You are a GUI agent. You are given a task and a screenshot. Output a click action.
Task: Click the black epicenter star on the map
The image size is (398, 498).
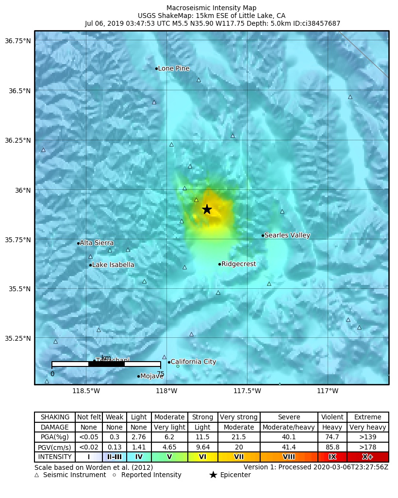(x=207, y=209)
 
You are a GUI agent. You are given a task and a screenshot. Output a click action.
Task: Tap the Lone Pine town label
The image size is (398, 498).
(x=173, y=68)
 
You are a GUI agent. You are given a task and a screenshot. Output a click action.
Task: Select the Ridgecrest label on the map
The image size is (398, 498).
(x=238, y=264)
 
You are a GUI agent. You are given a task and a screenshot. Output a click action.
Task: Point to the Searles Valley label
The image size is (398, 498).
(x=287, y=235)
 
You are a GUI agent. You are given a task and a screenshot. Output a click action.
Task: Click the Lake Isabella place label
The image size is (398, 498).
(x=113, y=265)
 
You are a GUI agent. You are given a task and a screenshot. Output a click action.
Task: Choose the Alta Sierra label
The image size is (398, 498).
(x=97, y=243)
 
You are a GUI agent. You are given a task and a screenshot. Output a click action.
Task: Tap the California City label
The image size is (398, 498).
(x=193, y=362)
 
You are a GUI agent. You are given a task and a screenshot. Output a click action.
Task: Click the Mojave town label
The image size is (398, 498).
(x=151, y=376)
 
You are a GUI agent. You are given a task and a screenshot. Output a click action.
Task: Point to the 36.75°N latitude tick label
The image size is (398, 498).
(x=17, y=41)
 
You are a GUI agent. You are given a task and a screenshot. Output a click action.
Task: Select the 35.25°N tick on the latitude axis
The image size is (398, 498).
(x=17, y=338)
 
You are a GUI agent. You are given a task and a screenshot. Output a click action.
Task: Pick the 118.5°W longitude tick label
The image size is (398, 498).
(x=86, y=391)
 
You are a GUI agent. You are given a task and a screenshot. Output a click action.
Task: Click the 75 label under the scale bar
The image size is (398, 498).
(x=160, y=374)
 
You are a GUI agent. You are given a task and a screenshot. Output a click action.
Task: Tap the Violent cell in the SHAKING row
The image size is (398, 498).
(x=332, y=417)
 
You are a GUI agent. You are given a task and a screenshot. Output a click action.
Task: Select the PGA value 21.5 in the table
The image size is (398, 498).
(x=238, y=437)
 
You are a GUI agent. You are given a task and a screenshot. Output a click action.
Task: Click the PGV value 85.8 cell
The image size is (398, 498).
(x=332, y=447)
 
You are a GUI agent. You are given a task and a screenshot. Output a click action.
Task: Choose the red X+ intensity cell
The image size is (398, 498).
(x=367, y=457)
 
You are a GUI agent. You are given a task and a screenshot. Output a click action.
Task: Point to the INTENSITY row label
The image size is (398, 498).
(x=55, y=457)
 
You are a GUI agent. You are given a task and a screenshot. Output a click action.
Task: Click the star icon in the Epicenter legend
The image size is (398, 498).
(x=213, y=475)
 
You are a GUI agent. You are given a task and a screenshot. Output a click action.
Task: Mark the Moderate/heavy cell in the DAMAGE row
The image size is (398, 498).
(x=289, y=428)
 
